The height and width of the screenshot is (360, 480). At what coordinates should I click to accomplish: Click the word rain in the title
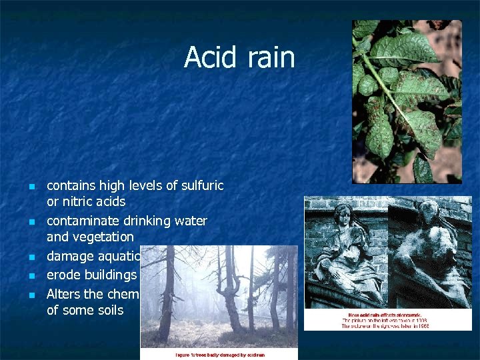click(x=270, y=57)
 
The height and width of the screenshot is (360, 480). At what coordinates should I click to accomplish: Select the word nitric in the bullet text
click(x=77, y=201)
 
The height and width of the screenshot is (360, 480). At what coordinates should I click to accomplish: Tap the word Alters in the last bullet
click(x=63, y=293)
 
